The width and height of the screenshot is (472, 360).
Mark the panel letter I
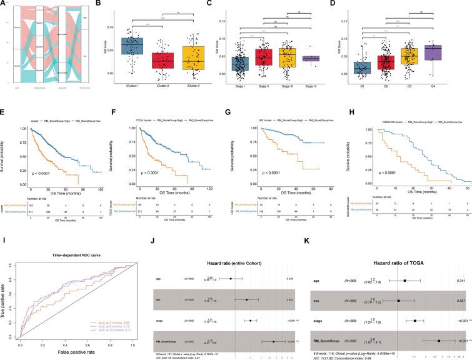(4, 236)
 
